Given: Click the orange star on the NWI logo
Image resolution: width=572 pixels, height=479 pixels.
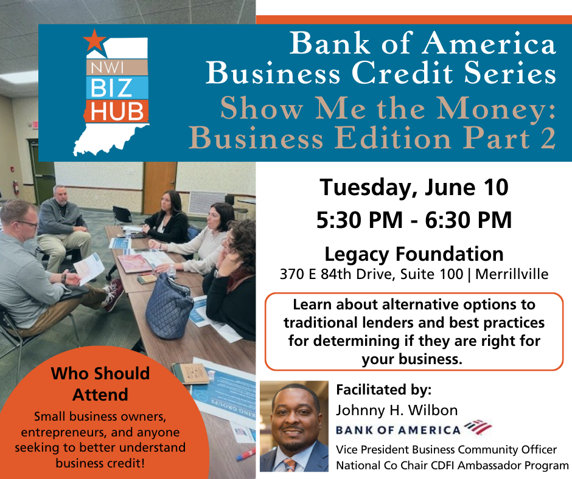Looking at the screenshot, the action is (x=94, y=41).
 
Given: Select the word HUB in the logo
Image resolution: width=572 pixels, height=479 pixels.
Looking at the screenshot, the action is (x=117, y=111).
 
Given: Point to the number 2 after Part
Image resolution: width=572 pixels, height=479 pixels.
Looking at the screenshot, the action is (x=548, y=139).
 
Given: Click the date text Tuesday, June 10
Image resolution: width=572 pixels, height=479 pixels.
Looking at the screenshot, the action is (x=414, y=187).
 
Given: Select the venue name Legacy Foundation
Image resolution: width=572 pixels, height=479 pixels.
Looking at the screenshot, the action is (x=414, y=255).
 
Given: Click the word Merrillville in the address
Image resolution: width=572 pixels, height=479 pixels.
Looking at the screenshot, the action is (x=511, y=274).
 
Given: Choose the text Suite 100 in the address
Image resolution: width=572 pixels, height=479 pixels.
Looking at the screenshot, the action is (x=431, y=274).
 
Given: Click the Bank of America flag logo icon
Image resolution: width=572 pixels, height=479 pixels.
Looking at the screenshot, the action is (x=478, y=427).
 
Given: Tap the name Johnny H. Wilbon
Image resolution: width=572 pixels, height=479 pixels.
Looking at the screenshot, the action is (x=397, y=410).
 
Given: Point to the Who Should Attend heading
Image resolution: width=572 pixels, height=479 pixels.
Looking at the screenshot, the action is (x=100, y=384).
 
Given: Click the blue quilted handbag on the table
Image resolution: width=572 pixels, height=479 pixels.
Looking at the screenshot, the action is (x=169, y=306).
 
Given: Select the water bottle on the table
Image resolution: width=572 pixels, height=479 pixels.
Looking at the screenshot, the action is (x=171, y=271).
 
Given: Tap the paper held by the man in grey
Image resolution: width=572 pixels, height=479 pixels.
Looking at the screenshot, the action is (x=89, y=268).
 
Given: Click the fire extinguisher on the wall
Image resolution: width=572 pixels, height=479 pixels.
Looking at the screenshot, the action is (x=16, y=187).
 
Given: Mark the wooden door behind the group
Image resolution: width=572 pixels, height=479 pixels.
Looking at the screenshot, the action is (x=160, y=188).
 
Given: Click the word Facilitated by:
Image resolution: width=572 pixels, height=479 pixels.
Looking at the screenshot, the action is (x=384, y=390).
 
